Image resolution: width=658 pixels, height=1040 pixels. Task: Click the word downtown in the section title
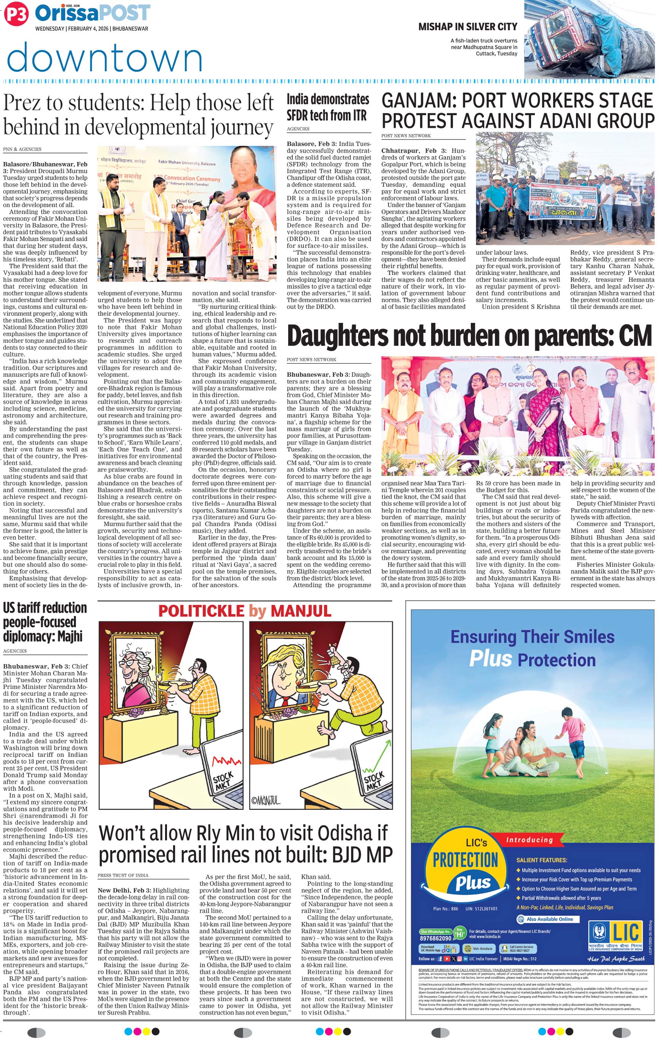pos(105,58)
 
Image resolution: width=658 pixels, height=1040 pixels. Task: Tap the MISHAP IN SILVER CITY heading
pos(467,27)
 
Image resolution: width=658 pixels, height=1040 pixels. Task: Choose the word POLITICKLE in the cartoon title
pos(201,611)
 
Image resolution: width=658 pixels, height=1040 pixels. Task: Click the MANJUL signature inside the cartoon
pos(266,801)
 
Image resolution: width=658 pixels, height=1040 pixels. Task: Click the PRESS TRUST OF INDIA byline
pos(123,875)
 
